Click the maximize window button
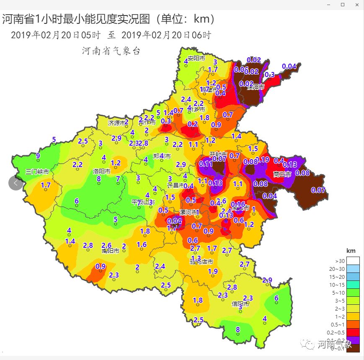point(343,5)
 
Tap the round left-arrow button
point(15,183)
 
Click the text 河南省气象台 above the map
point(111,51)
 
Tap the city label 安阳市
point(196,58)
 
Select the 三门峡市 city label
point(37,172)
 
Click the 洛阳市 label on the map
point(101,171)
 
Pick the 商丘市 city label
point(282,174)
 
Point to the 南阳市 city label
point(111,251)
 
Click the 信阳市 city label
point(240,304)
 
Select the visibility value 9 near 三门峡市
point(38,156)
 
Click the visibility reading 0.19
point(262,159)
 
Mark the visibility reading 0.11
point(206,163)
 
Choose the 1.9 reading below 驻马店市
point(213,271)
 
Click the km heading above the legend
point(351,250)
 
